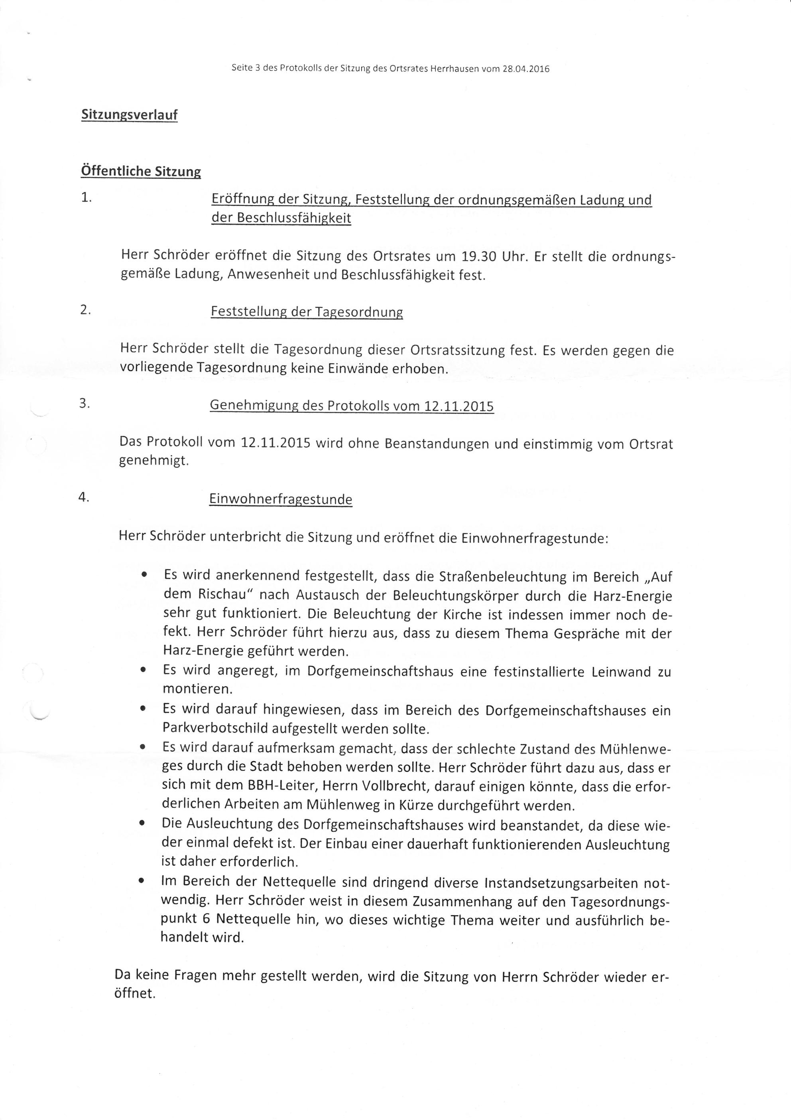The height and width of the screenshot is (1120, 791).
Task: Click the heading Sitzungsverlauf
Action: click(129, 115)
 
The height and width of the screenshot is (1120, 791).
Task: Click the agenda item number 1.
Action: click(86, 198)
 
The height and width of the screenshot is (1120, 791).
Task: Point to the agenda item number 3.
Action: click(85, 404)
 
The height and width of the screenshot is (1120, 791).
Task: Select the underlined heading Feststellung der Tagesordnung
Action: click(307, 312)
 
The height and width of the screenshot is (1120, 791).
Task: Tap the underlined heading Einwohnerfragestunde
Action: click(280, 499)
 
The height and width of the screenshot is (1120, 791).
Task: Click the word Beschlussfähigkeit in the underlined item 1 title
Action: click(294, 218)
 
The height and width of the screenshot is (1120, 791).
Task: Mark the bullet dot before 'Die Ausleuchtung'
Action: click(142, 824)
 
